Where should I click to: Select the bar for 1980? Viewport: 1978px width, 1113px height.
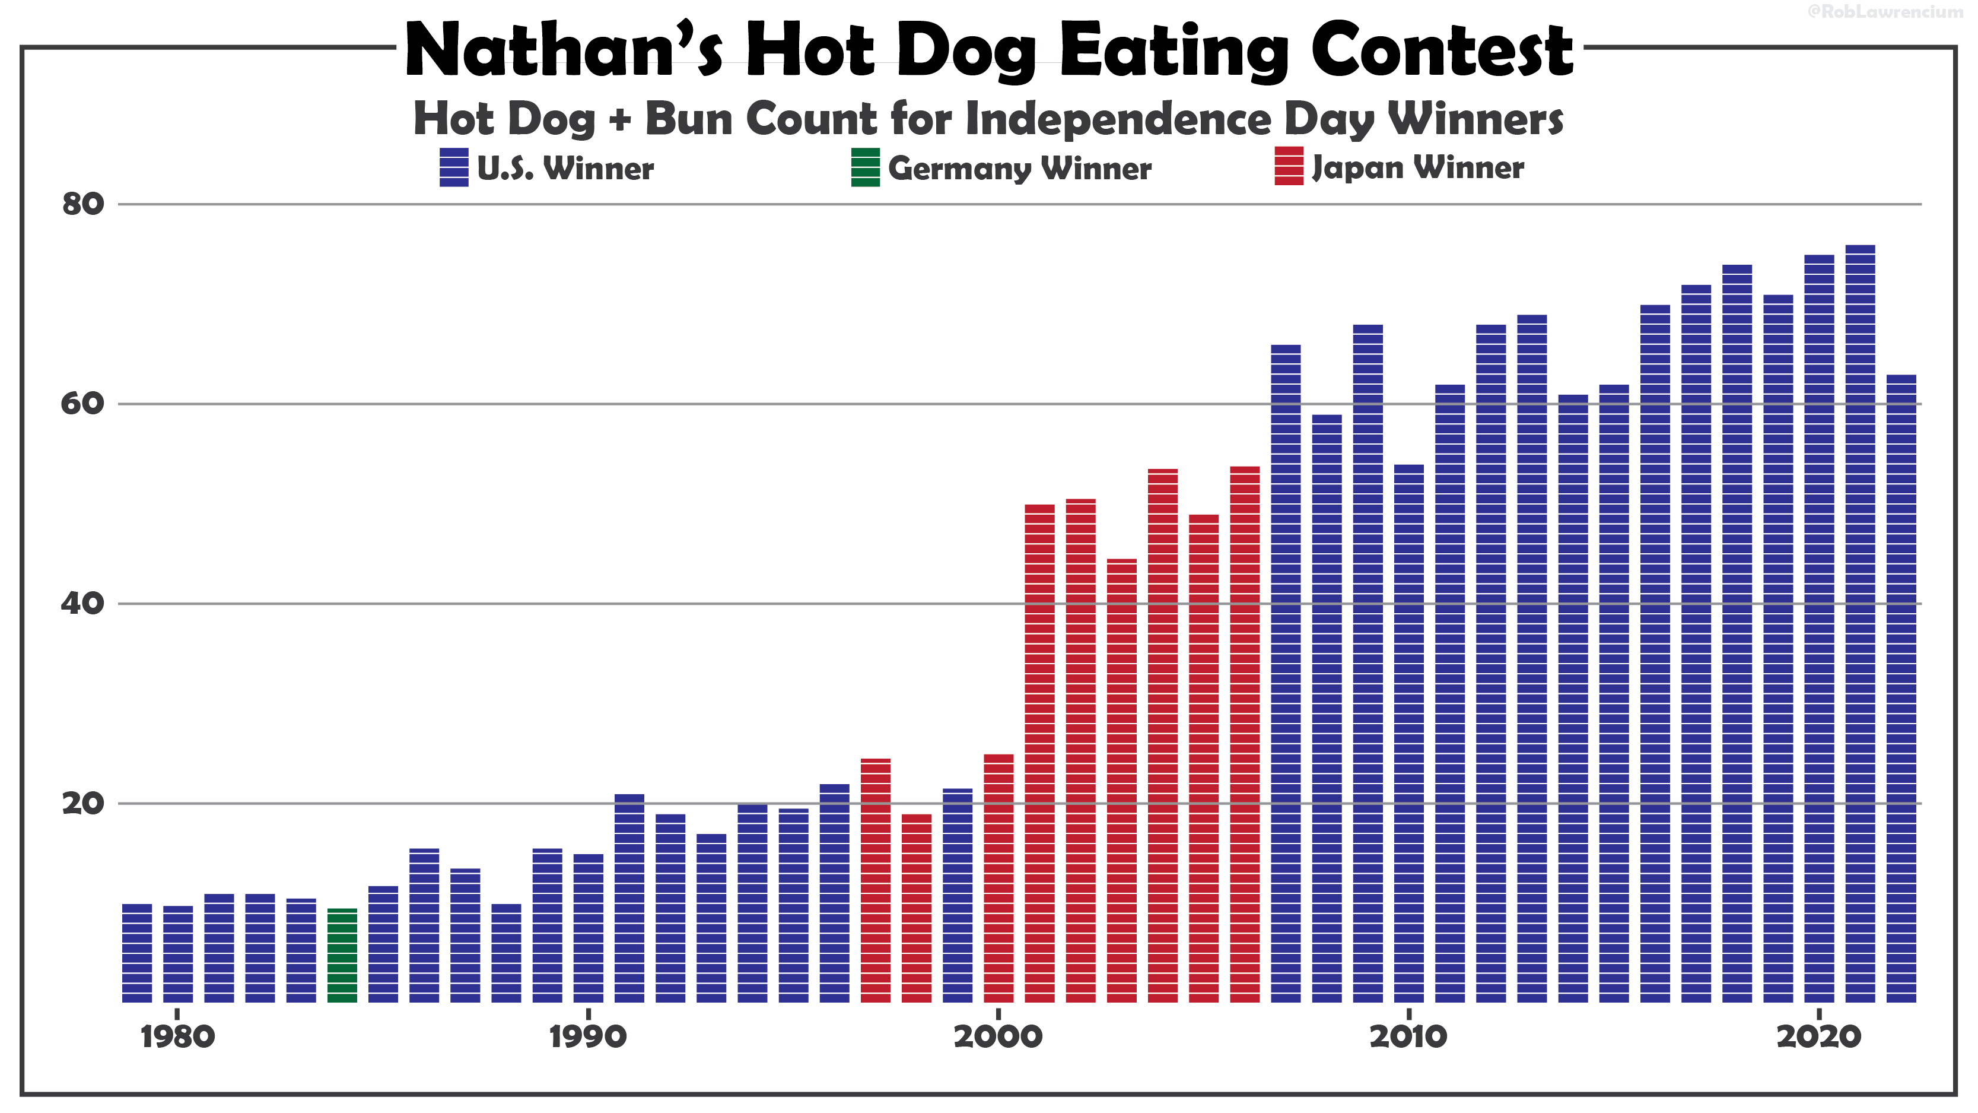click(x=178, y=954)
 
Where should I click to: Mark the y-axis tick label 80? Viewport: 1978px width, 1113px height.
click(x=83, y=204)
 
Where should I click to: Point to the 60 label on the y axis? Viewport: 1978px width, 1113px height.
click(x=83, y=404)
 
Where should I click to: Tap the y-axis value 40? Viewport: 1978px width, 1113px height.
click(x=83, y=604)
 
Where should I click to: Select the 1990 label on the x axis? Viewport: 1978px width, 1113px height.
click(x=588, y=1037)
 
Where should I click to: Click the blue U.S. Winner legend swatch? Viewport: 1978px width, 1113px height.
click(x=454, y=167)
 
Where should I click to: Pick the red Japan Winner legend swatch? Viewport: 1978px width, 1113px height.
click(x=1289, y=167)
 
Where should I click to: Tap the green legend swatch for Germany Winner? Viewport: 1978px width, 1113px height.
click(x=866, y=167)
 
